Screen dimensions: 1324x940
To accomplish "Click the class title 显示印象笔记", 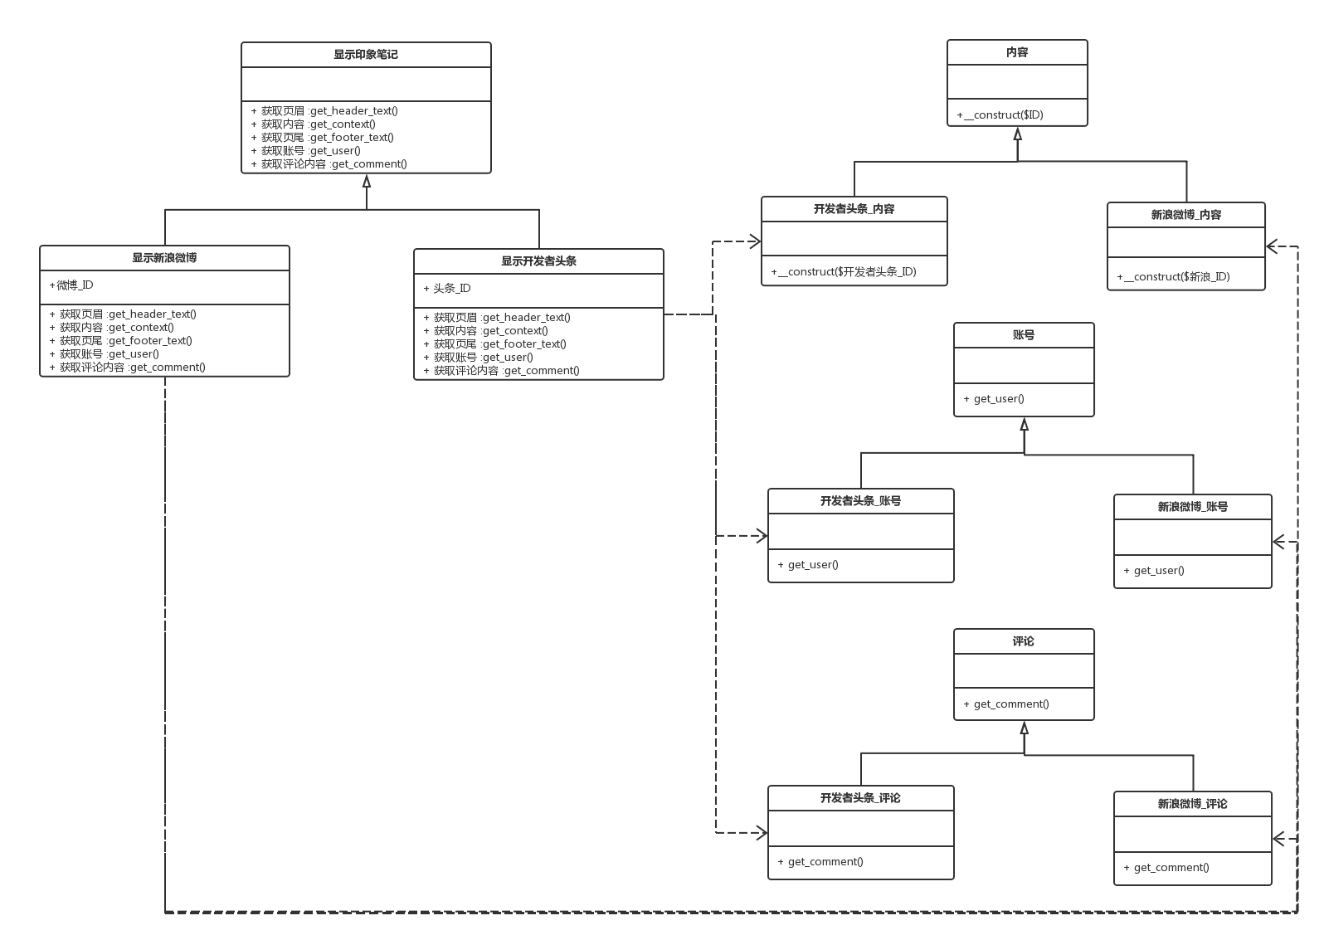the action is (x=366, y=55).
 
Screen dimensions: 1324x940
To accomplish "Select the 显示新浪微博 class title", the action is (x=164, y=258).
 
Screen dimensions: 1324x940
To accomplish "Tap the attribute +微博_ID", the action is (x=71, y=285).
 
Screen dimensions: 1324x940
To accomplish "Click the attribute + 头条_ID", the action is (x=447, y=289).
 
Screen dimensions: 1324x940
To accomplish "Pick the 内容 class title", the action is (x=1017, y=52).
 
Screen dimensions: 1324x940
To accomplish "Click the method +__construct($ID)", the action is (x=1000, y=114).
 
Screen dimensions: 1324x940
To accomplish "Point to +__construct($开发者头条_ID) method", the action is (x=844, y=272).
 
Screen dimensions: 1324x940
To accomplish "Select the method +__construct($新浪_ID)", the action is (x=1173, y=276).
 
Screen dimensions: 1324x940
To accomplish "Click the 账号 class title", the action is (x=1024, y=335).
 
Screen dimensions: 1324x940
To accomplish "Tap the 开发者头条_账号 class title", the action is (x=860, y=501).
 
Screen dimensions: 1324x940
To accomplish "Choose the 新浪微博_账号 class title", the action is (x=1193, y=507).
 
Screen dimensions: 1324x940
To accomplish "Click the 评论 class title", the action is (x=1024, y=641).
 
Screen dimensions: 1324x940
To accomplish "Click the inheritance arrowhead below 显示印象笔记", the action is (x=367, y=181).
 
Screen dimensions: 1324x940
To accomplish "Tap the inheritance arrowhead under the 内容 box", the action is (x=1017, y=134).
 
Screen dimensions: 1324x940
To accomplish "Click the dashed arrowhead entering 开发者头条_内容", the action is (x=755, y=241).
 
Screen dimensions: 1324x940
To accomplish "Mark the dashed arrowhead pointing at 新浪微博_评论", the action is (x=1278, y=838).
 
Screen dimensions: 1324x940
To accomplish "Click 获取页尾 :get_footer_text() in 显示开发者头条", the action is (x=500, y=344).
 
